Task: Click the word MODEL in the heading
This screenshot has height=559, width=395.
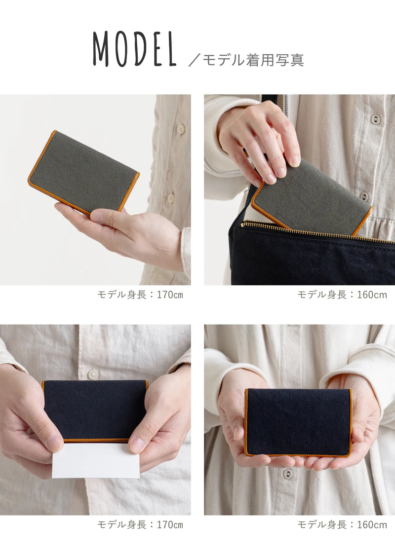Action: pyautogui.click(x=134, y=49)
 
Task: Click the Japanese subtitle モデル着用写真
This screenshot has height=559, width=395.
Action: pyautogui.click(x=253, y=60)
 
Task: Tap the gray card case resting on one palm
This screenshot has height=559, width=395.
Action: pyautogui.click(x=83, y=173)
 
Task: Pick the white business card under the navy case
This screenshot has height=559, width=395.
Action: pyautogui.click(x=96, y=460)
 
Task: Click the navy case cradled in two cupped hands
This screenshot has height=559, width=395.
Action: pyautogui.click(x=298, y=422)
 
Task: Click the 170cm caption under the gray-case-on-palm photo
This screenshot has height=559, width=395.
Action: pyautogui.click(x=140, y=295)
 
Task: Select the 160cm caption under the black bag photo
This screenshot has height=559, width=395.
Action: pyautogui.click(x=342, y=295)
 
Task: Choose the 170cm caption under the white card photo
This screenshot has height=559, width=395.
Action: pyautogui.click(x=140, y=525)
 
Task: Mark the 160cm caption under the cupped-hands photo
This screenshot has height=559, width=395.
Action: pyautogui.click(x=342, y=525)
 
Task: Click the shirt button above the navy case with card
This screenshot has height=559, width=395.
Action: pyautogui.click(x=93, y=373)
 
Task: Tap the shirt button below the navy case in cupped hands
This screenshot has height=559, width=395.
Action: pyautogui.click(x=288, y=474)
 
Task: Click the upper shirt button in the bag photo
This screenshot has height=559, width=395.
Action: pyautogui.click(x=375, y=119)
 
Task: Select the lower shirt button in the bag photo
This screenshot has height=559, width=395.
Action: pyautogui.click(x=364, y=196)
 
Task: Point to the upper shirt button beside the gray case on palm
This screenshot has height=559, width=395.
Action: pyautogui.click(x=181, y=129)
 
